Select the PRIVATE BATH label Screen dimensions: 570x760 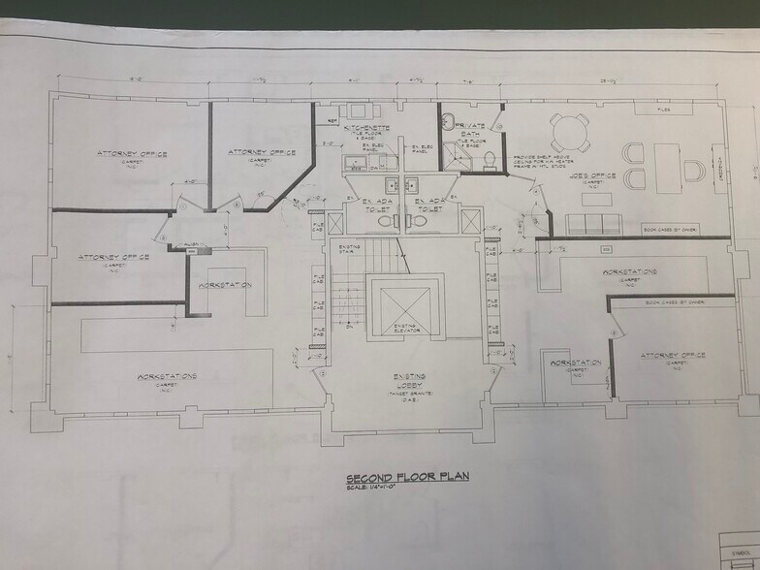point(471,128)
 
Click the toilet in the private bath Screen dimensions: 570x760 point(491,159)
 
